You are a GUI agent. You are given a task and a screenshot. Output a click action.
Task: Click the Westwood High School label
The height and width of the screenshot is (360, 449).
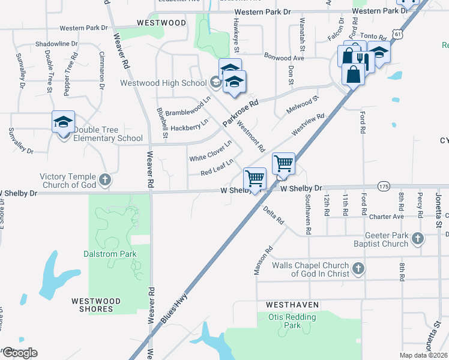pos(163,83)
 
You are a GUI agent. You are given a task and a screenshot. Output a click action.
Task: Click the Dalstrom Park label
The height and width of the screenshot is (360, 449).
pos(110,254)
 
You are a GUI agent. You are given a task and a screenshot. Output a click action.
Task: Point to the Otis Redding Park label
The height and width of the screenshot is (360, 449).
pos(292,321)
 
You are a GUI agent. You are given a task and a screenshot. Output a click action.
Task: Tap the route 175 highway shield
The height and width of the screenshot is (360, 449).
pos(384,187)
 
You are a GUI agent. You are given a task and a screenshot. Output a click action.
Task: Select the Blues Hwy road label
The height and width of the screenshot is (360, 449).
pos(174,308)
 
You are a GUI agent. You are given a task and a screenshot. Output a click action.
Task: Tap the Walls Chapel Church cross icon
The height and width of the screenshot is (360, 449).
pos(358,268)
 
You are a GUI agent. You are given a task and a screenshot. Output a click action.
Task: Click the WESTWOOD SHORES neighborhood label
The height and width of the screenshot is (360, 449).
pos(96,305)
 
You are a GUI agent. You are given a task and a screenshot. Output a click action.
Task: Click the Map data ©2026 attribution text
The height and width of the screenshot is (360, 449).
pos(423,356)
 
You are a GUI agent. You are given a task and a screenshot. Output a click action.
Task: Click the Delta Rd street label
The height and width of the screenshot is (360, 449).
pos(274,215)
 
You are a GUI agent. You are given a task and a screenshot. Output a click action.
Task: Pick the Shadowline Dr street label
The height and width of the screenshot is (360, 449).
pos(57,44)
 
